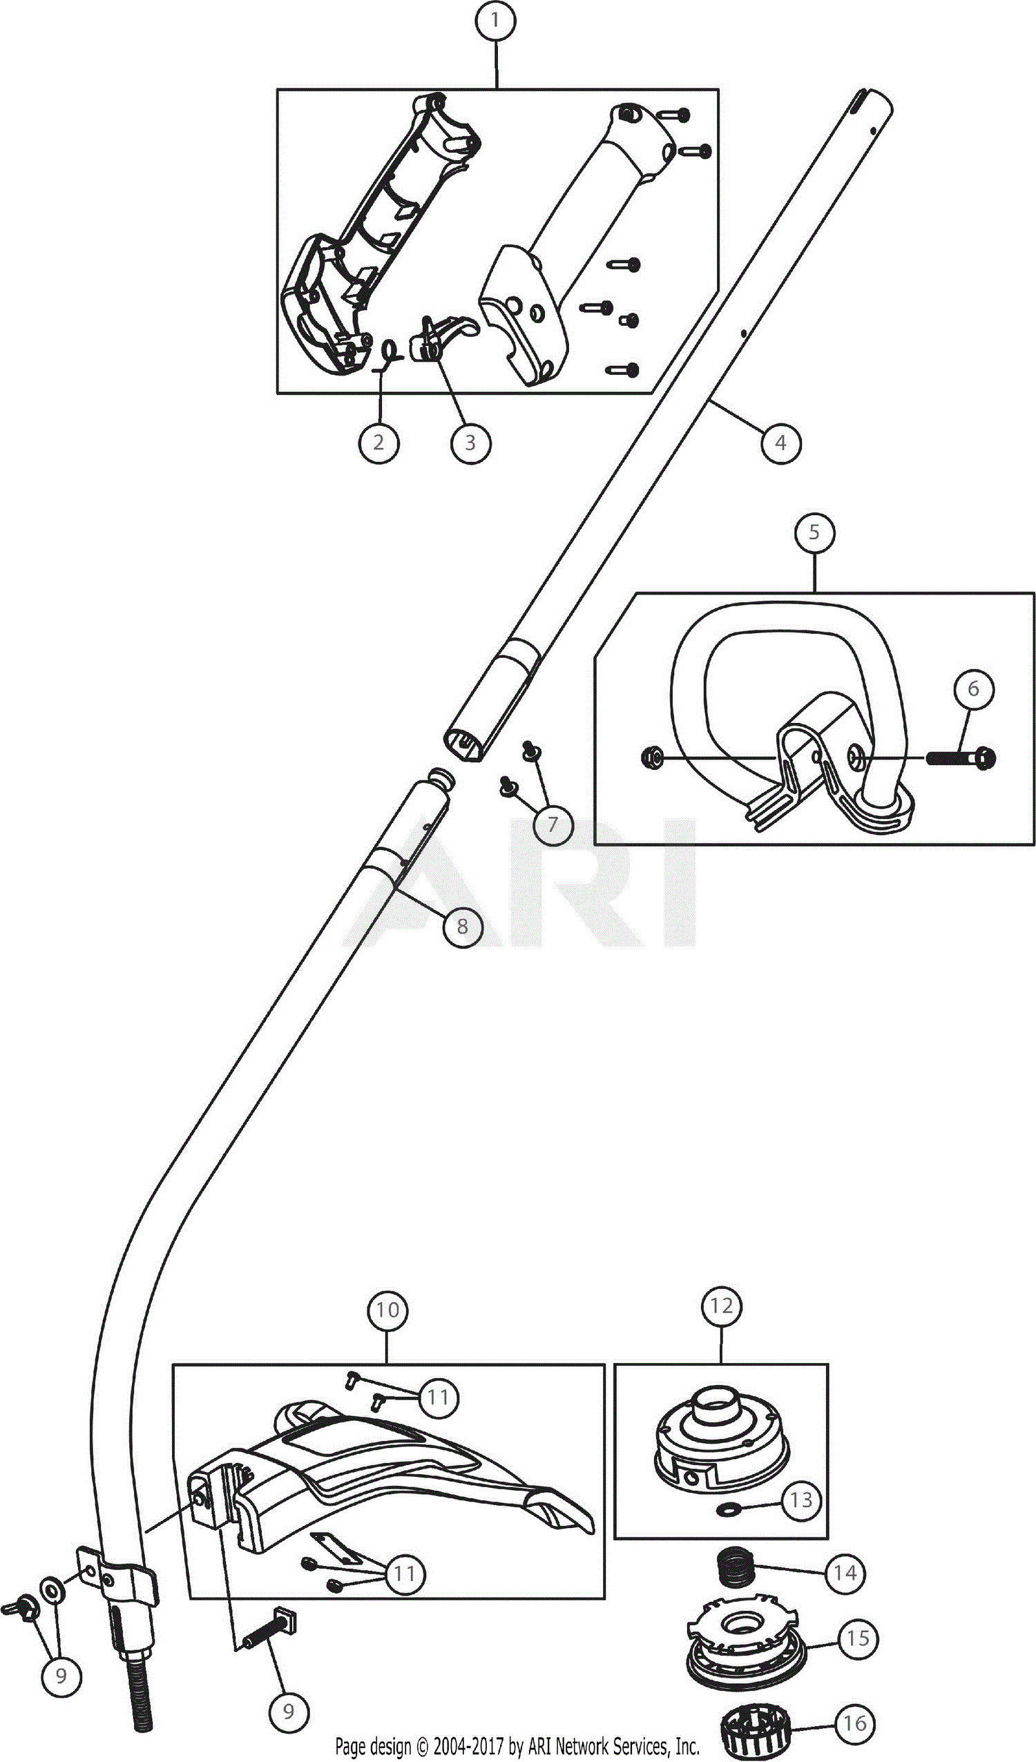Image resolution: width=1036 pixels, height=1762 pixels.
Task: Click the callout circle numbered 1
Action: tap(495, 21)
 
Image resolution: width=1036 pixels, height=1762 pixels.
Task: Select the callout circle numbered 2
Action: tap(379, 442)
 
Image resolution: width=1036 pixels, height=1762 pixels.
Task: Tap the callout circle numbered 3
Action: tap(470, 442)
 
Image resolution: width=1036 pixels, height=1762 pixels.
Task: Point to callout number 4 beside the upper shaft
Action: tap(780, 442)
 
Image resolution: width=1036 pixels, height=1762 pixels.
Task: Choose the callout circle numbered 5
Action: tap(815, 532)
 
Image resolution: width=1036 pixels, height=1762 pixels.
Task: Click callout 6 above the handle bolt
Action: tap(974, 689)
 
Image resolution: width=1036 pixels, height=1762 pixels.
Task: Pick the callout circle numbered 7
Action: tap(553, 824)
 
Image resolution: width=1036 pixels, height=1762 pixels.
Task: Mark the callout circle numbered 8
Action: tap(462, 927)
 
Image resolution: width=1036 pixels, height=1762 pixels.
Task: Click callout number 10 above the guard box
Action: tap(388, 1310)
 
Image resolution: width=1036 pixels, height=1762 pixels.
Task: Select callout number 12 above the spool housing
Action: tap(721, 1306)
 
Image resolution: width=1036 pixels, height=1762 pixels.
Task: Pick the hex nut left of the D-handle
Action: tap(652, 757)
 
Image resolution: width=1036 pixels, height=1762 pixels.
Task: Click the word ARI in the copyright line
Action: tap(540, 1747)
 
